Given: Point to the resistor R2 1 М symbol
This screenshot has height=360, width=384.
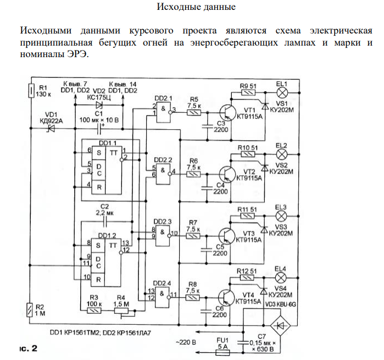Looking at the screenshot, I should (31, 311).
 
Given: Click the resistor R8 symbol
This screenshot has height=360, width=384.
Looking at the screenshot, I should (193, 296).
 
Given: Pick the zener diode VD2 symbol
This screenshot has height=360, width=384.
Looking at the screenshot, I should (99, 104).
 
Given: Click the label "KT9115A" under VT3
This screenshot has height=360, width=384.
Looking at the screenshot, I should (248, 240).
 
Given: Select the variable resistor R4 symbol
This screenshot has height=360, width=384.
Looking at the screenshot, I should (121, 311).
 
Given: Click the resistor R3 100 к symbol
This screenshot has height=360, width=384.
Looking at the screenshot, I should (94, 311).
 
